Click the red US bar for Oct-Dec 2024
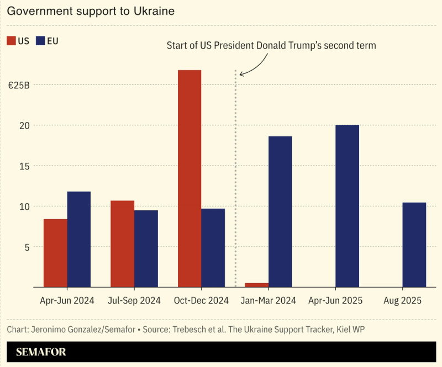point(190,178)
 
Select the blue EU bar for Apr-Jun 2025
point(347,206)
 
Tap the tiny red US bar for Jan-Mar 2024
point(256,285)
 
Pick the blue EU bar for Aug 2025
point(414,244)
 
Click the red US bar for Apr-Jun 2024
point(55,253)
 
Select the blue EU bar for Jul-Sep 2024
point(146,248)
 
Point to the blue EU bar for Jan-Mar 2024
point(280,211)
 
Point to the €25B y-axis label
point(18,86)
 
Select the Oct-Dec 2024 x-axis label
point(201,301)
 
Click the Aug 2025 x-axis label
point(402,301)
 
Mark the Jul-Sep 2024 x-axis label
point(134,301)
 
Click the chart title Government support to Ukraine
point(91,12)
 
